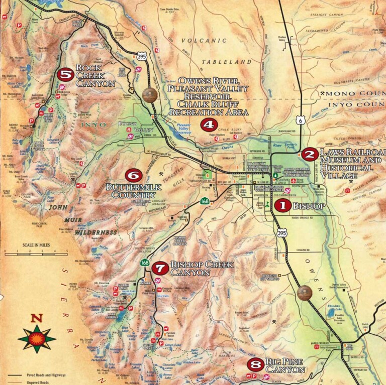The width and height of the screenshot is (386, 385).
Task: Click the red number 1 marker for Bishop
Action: click(282, 205)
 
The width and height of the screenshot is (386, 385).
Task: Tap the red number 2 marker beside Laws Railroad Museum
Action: click(310, 155)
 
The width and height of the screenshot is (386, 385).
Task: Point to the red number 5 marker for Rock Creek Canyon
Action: click(65, 75)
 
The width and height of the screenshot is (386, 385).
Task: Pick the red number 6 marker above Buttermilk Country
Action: click(133, 175)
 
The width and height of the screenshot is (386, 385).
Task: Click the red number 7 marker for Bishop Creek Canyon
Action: click(160, 268)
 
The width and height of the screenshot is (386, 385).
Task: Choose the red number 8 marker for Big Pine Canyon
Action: click(256, 364)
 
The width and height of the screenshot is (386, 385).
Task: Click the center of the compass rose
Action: click(37, 339)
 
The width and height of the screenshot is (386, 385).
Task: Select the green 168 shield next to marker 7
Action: click(145, 263)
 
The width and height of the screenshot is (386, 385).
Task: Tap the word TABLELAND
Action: click(226, 62)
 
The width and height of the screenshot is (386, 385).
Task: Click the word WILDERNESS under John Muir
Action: click(96, 233)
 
